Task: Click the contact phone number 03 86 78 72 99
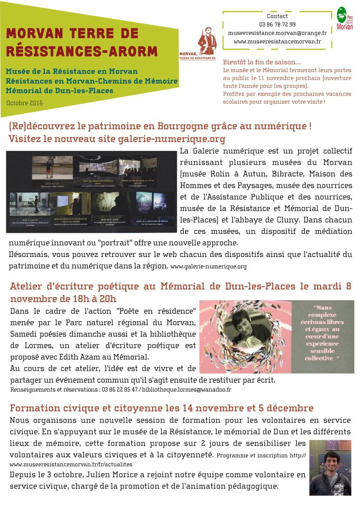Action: pos(277,24)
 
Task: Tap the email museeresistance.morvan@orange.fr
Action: pos(277,33)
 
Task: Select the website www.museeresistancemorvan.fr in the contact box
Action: pos(277,42)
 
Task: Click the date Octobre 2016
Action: pos(25,103)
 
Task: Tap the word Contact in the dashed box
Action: pos(277,16)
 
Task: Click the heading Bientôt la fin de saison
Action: pos(262,62)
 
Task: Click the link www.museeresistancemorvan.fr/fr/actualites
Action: pos(70,464)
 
